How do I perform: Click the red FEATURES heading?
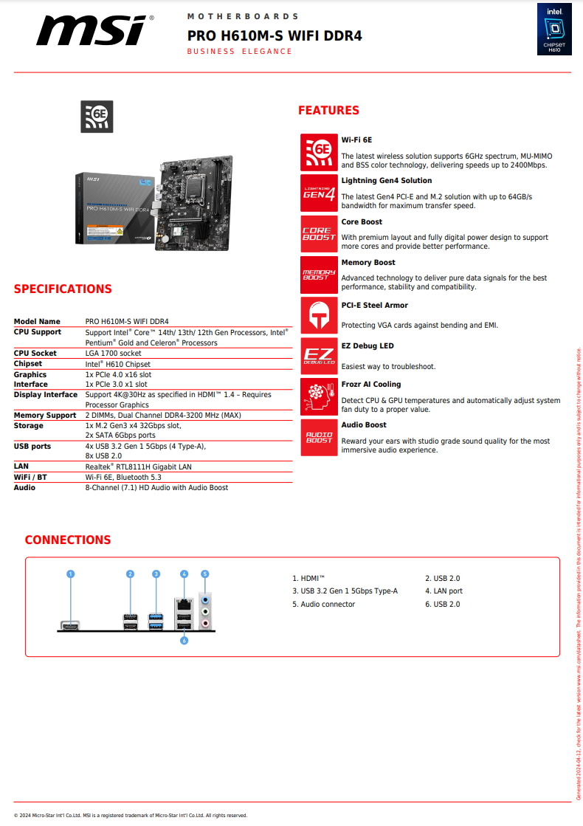pos(328,111)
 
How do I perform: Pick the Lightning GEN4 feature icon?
pos(319,193)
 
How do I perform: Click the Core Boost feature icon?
pos(319,234)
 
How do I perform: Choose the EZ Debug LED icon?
pos(319,357)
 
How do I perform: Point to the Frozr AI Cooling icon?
pos(319,397)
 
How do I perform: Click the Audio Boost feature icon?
pos(319,438)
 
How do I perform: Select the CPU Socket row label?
pos(35,354)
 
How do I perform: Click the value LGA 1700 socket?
pos(113,354)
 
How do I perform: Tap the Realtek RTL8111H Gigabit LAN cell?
pos(139,467)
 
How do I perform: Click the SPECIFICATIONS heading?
pos(63,289)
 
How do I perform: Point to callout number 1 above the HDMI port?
pos(71,574)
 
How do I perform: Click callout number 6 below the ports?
pos(184,641)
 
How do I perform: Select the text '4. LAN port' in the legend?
pos(444,591)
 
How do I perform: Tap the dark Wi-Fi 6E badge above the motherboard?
pos(97,117)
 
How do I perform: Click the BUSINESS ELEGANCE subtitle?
pos(239,52)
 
